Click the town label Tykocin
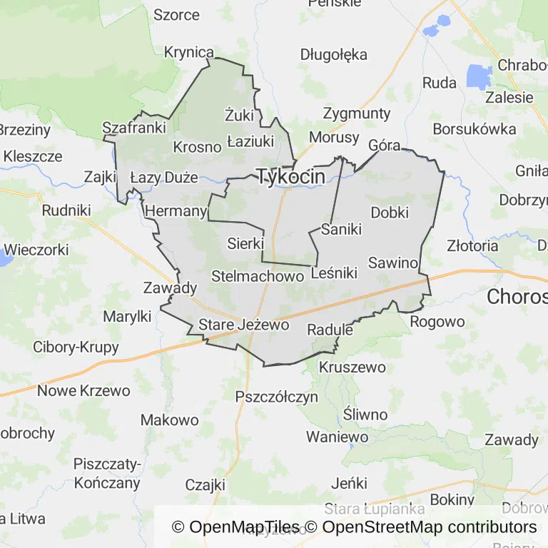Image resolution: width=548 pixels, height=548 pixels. (x=291, y=176)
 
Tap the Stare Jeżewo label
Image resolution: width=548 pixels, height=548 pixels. (x=243, y=325)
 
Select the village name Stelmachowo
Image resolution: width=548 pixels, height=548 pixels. (x=253, y=276)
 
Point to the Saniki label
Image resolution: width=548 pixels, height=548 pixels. (x=342, y=230)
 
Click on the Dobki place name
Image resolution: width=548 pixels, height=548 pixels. (x=390, y=212)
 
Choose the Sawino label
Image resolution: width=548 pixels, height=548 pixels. (x=392, y=263)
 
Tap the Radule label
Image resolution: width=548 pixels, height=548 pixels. (x=330, y=330)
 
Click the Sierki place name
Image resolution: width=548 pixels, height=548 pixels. (x=245, y=243)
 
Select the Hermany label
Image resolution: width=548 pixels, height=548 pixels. (x=176, y=211)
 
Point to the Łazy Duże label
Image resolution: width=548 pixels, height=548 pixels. (x=163, y=177)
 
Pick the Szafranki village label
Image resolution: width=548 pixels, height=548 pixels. (x=134, y=128)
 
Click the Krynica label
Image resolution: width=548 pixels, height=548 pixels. (x=189, y=52)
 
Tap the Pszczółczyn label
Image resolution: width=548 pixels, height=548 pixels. (x=276, y=397)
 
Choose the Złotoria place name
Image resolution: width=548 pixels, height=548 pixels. (x=472, y=245)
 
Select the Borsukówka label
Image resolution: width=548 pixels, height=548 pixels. (x=475, y=129)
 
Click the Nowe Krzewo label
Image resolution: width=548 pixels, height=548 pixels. (x=83, y=390)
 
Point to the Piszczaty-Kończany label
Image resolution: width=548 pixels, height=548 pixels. (x=107, y=473)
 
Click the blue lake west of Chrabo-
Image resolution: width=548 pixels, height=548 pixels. (x=479, y=76)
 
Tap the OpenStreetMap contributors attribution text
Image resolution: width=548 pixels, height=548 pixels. (x=430, y=527)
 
